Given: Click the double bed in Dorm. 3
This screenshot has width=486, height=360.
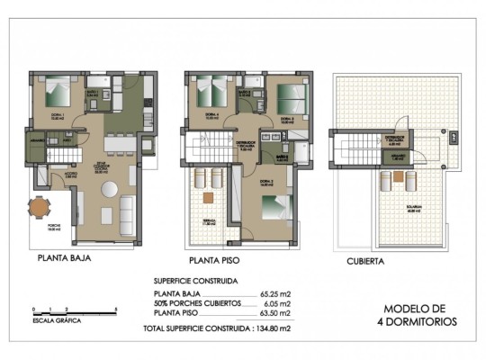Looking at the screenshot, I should tap(289, 94).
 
